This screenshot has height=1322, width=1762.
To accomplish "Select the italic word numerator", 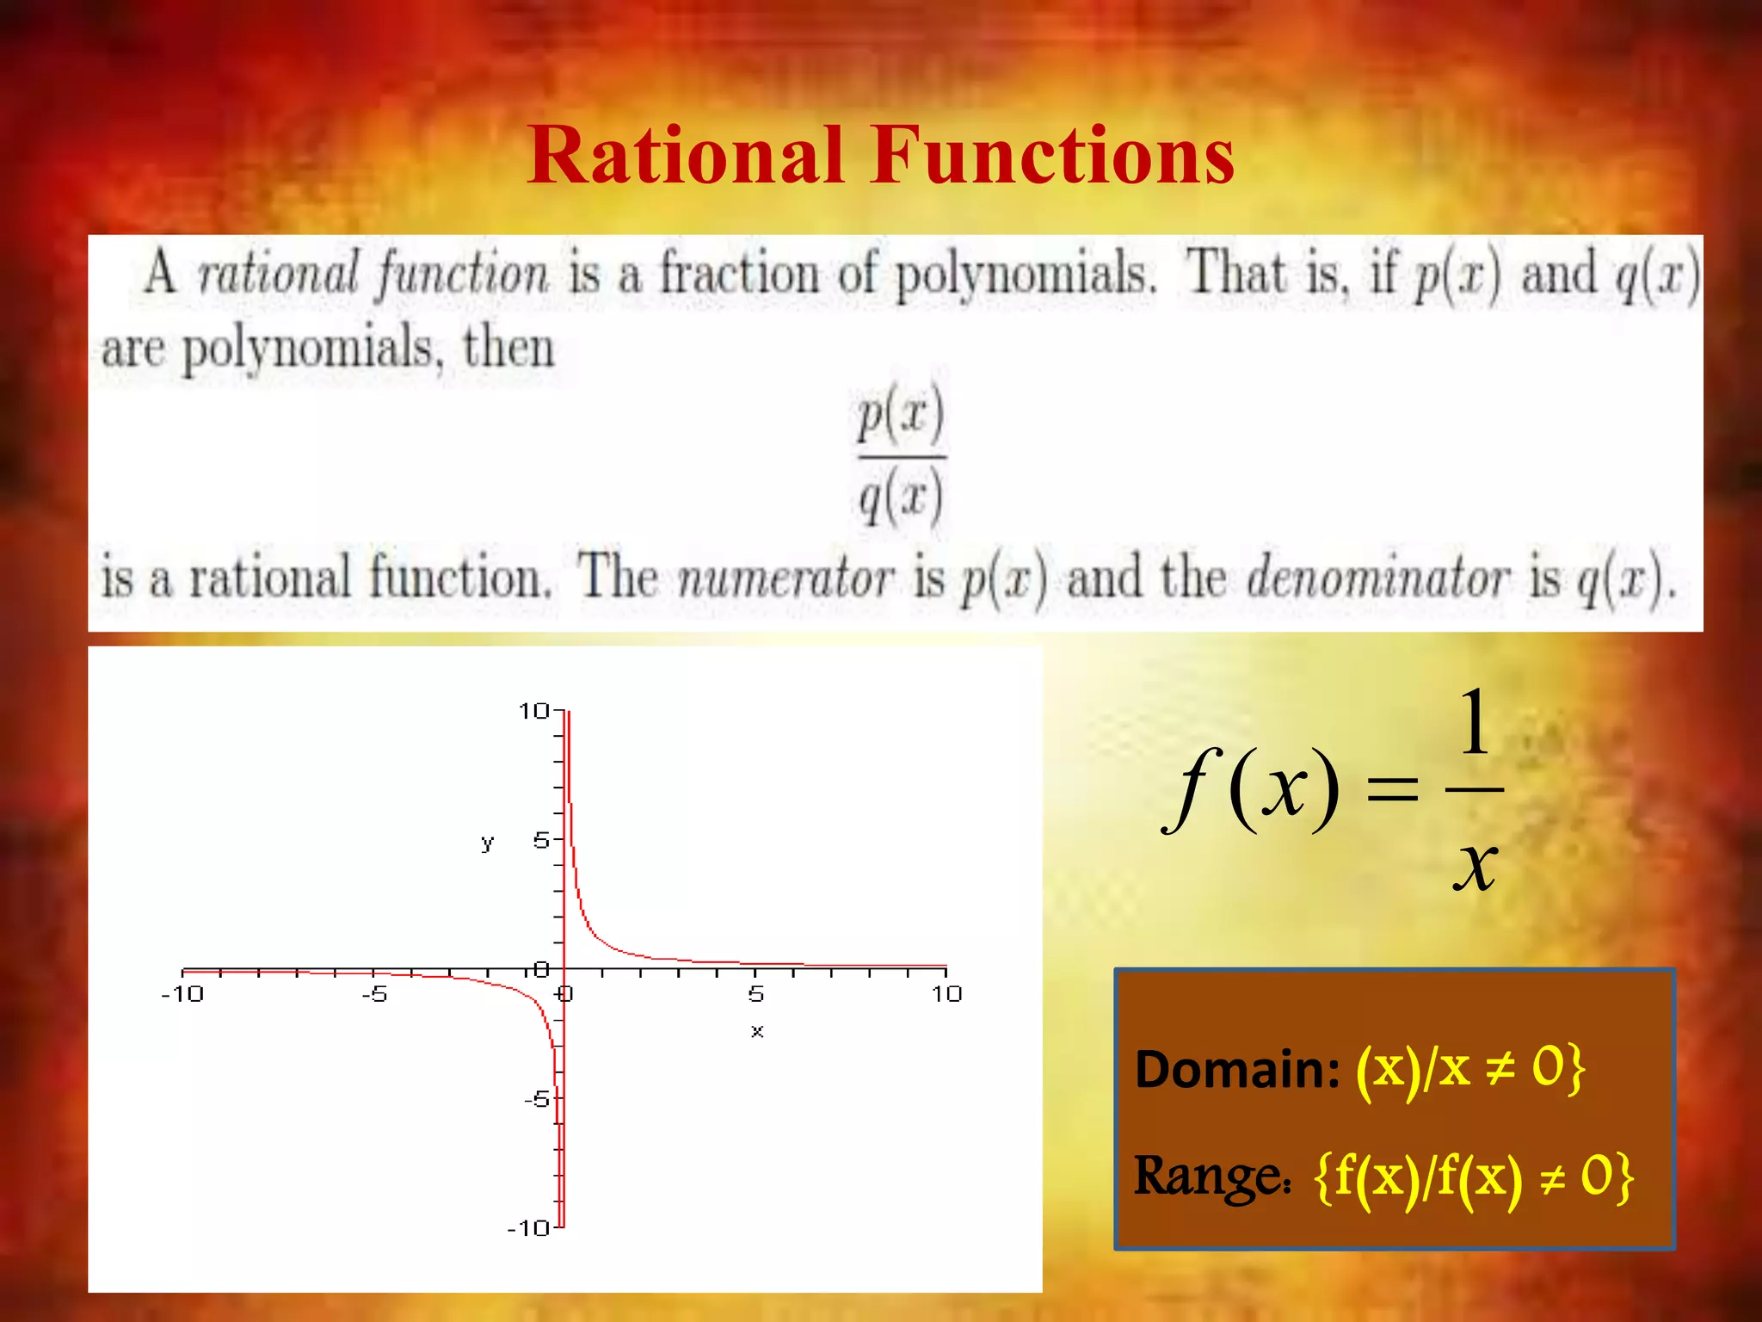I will [x=786, y=578].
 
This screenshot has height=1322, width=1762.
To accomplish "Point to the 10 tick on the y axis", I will [x=533, y=711].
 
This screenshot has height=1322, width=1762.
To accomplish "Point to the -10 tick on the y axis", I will [x=528, y=1228].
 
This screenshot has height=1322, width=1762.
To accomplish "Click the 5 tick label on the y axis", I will [x=541, y=840].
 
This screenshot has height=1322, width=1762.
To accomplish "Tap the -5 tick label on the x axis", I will [x=374, y=995].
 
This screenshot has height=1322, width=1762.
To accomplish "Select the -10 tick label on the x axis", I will [x=182, y=995].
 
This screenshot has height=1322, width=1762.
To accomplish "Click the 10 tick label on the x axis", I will [x=946, y=995].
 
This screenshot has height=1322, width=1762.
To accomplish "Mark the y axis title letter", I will [x=488, y=843].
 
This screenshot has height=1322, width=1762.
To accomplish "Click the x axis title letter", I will [x=757, y=1031].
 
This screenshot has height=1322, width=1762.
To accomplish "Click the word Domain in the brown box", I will [x=1236, y=1069].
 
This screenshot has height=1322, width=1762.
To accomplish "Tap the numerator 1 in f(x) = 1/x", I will [x=1474, y=723].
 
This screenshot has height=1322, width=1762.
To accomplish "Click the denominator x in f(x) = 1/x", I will [x=1475, y=865].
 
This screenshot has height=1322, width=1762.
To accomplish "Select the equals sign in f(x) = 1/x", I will [x=1392, y=789].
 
